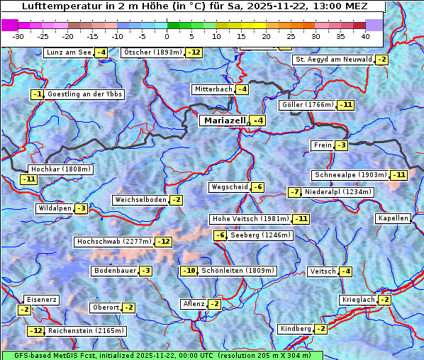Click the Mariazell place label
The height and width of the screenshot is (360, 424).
(x=224, y=120)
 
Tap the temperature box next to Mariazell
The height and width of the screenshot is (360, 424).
(x=259, y=121)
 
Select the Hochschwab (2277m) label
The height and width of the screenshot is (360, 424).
(x=113, y=242)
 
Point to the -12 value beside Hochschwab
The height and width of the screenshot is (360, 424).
(x=164, y=242)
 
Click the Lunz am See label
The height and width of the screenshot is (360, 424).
(x=68, y=52)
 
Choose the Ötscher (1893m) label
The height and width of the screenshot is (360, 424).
(x=152, y=52)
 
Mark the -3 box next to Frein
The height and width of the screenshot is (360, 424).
(x=342, y=145)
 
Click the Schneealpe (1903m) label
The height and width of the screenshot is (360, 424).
(x=350, y=175)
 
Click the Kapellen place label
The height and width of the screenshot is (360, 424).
(x=394, y=218)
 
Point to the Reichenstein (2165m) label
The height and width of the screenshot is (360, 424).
(x=87, y=331)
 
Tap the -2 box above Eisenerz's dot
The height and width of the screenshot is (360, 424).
(x=24, y=310)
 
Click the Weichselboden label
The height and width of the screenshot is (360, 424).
(x=140, y=200)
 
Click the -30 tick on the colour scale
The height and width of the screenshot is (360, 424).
(x=18, y=35)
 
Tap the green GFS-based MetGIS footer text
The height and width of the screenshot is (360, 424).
(x=162, y=355)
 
